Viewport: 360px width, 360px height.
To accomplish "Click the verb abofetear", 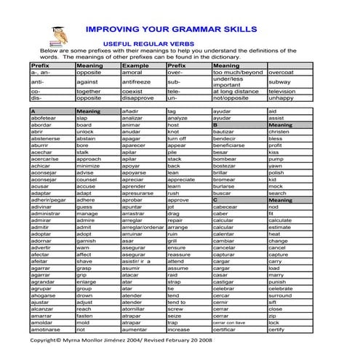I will [44, 117].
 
